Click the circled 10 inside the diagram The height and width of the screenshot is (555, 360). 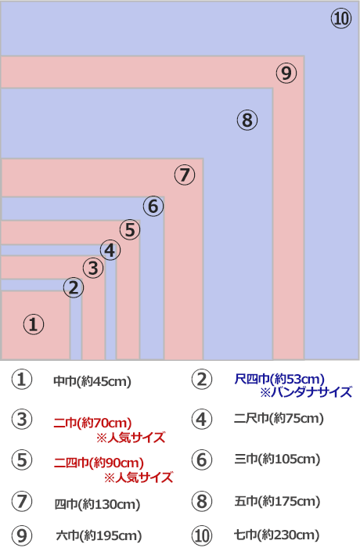coord(341,19)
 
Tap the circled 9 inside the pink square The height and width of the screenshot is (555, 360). coord(286,74)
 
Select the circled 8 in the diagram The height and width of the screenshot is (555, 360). coord(247,120)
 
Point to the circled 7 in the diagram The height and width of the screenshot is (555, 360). coord(185,175)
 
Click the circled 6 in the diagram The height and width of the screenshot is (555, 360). coord(153,207)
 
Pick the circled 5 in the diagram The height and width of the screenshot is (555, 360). coord(130,229)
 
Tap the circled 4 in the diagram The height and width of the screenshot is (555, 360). coord(110,250)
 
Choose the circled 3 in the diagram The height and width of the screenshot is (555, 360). coord(93,268)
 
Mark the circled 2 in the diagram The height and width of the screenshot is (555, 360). coord(74,287)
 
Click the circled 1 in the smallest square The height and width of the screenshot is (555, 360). coord(34,324)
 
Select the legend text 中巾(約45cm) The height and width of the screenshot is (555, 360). coord(92,381)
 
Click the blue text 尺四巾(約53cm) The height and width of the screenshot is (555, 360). coord(279,379)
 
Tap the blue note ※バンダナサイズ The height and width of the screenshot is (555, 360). coord(306,392)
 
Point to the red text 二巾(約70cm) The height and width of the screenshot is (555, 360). coord(93,423)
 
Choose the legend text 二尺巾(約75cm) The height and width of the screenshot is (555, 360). coord(279,418)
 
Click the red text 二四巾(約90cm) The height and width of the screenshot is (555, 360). coord(99,463)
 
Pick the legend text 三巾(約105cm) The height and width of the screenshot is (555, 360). coord(277,459)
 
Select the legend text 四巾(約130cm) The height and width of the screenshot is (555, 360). coord(97,504)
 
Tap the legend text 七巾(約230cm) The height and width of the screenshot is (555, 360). coord(277,535)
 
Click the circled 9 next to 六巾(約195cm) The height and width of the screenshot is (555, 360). coord(22,535)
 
